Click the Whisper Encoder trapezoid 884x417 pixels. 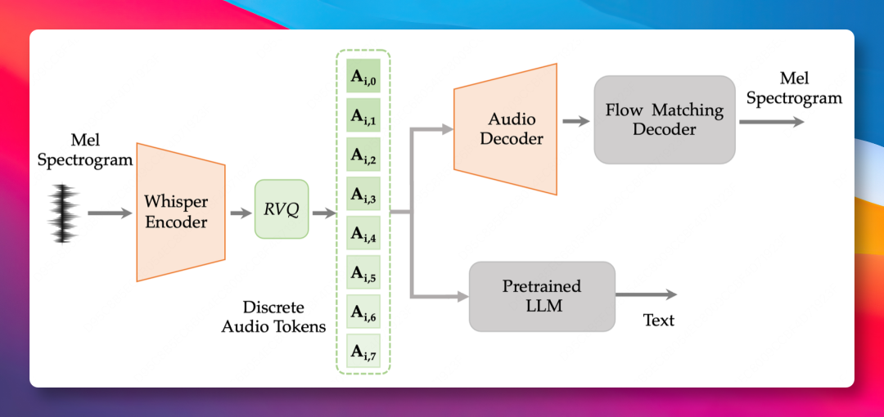(x=181, y=213)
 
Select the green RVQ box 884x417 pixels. (x=282, y=209)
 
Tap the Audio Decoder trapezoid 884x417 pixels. (x=505, y=129)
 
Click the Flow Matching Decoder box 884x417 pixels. (x=665, y=119)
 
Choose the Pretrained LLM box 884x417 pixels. (x=542, y=296)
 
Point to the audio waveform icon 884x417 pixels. (x=64, y=214)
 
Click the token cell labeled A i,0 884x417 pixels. (x=363, y=76)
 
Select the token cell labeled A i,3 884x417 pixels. (x=363, y=194)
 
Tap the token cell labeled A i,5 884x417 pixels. (x=363, y=272)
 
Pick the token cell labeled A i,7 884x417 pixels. (x=363, y=351)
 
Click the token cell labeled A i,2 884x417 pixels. (x=363, y=155)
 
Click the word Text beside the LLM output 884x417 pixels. (x=658, y=321)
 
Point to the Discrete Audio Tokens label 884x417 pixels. (x=273, y=316)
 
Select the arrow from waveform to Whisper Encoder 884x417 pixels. (x=110, y=213)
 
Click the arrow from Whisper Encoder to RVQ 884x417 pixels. (x=241, y=213)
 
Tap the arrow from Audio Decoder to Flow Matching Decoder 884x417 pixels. (x=575, y=121)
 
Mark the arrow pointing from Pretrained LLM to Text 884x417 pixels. (x=646, y=294)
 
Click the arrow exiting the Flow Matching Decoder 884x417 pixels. (x=772, y=121)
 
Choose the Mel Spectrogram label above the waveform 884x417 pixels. (x=85, y=150)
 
